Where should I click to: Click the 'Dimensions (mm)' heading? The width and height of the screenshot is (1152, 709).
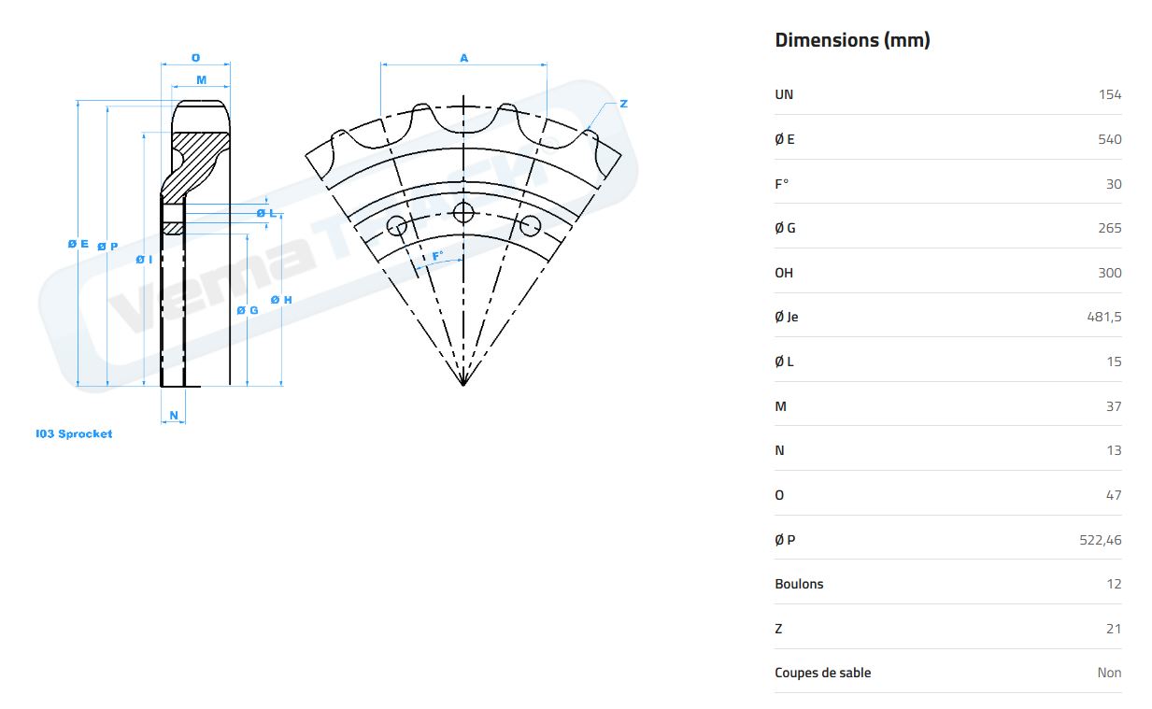click(x=852, y=40)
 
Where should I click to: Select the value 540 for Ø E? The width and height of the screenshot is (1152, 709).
click(x=1109, y=139)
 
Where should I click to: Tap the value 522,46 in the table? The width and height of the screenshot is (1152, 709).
click(x=1100, y=540)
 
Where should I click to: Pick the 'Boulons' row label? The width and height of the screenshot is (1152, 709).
click(x=799, y=584)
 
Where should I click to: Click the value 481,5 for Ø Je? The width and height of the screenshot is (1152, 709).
click(x=1103, y=317)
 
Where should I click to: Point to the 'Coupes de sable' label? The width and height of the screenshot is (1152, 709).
click(x=822, y=673)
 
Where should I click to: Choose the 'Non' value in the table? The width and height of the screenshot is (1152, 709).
click(x=1109, y=673)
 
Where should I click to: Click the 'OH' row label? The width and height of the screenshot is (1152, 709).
click(x=784, y=273)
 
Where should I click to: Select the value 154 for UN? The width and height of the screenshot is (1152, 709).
click(x=1110, y=94)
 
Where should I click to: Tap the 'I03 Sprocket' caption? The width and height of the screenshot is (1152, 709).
click(x=74, y=434)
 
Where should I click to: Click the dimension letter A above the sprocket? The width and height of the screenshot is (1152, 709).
click(x=463, y=58)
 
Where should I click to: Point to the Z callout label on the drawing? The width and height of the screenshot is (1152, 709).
click(x=623, y=104)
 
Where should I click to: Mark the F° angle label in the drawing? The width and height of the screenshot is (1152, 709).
click(x=437, y=256)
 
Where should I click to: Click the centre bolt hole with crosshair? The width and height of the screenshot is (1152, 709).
click(x=463, y=213)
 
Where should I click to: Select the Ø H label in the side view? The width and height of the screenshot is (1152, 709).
click(x=281, y=300)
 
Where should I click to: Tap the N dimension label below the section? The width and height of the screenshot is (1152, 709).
click(x=174, y=416)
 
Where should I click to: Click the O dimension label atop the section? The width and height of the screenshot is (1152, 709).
click(x=195, y=58)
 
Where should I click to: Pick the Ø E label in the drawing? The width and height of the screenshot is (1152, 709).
click(x=78, y=245)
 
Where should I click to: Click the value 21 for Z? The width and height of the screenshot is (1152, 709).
click(x=1113, y=629)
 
